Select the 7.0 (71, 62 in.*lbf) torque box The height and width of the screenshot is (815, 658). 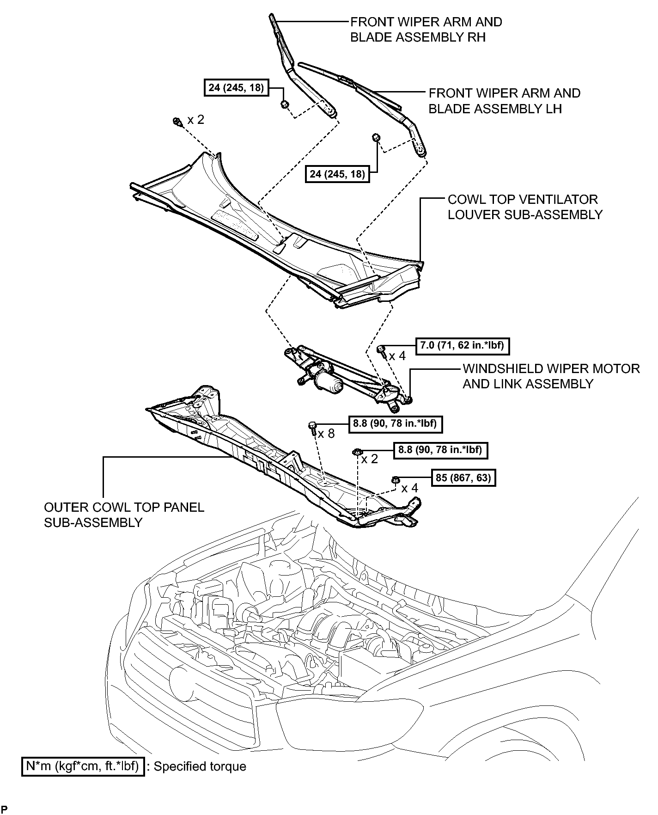pos(463,346)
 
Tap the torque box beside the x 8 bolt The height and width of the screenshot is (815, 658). pos(395,423)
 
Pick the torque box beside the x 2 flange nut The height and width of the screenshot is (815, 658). pos(440,450)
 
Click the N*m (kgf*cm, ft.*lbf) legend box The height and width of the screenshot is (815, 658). pos(83,766)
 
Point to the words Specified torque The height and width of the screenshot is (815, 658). pos(200,766)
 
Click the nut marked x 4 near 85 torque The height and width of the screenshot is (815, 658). pos(396,480)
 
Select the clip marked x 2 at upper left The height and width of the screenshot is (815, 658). pos(177,122)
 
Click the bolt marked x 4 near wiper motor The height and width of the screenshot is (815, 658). pos(382,350)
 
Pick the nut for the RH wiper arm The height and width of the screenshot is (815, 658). pos(285,104)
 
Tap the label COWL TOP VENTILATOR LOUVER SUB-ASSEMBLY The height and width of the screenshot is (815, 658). pos(525,207)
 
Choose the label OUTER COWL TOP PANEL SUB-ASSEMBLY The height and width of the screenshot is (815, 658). pos(124,515)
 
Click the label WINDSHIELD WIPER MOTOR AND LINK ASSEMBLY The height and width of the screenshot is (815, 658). pos(551,376)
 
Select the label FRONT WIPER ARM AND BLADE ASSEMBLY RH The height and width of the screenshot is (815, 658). pos(426,30)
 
